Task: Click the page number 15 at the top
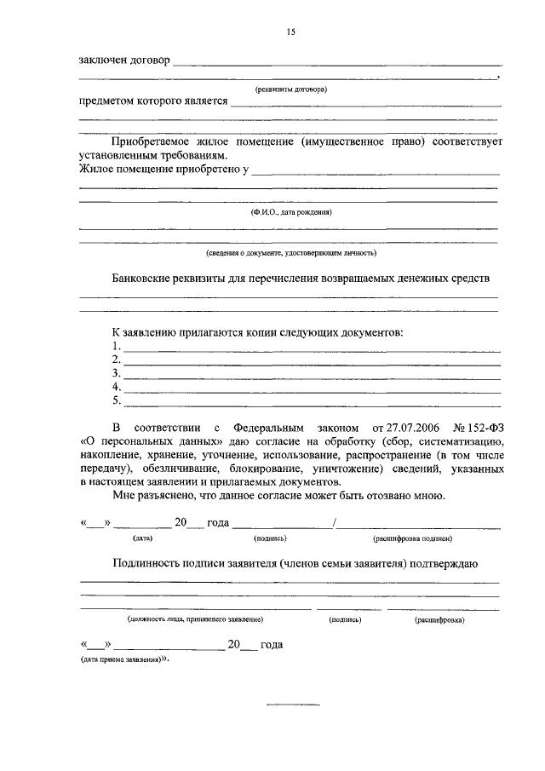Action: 290,32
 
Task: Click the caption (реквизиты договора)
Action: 291,89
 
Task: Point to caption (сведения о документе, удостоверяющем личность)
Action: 290,252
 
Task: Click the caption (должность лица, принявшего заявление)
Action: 195,620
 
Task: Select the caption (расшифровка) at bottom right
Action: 439,620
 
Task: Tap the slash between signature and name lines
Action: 336,523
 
